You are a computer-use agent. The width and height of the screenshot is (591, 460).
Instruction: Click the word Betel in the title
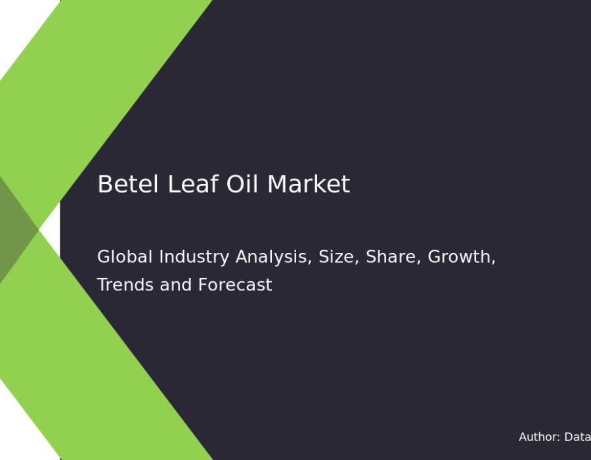pos(128,184)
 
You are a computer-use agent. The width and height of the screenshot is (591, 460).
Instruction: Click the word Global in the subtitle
pos(125,257)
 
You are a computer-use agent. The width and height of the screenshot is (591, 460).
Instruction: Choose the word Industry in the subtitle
pos(194,258)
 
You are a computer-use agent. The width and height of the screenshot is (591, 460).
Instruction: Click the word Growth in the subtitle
pos(462,257)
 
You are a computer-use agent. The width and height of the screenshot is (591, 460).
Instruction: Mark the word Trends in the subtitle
pos(125,285)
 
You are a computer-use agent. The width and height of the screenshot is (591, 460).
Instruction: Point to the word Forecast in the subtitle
pos(235,285)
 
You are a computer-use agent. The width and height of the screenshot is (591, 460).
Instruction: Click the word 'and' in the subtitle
pos(175,285)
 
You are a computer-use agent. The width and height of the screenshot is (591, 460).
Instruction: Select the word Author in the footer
pos(539,437)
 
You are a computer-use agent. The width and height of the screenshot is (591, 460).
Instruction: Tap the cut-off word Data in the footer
pos(577,437)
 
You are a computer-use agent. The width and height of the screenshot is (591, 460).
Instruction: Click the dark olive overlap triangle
pos(15,229)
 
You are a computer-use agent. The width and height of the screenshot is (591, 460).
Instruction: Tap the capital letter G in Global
pos(104,257)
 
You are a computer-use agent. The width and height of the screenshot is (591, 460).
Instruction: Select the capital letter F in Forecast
pos(203,285)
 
